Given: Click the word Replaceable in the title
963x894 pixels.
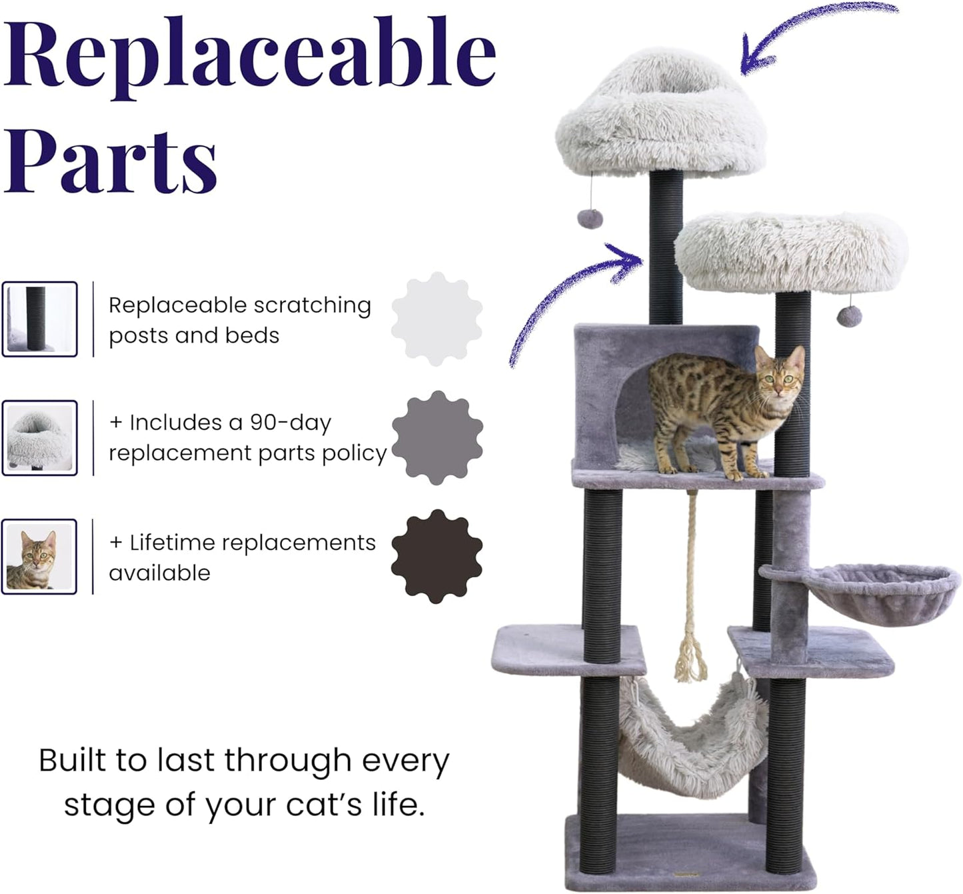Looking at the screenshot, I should (x=249, y=57).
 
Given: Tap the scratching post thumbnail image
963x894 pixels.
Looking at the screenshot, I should (x=39, y=319).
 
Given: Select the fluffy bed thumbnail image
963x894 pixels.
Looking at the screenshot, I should (x=39, y=438).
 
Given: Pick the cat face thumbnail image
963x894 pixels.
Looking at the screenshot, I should (x=39, y=557).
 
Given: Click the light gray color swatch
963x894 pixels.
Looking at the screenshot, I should (x=437, y=319).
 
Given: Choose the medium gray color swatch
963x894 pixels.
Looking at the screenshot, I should (x=437, y=438).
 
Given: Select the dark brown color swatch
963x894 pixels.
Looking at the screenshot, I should (x=437, y=557).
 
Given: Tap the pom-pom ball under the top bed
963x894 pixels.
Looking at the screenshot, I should (x=590, y=218).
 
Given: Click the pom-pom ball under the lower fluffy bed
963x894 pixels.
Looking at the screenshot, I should (x=849, y=316).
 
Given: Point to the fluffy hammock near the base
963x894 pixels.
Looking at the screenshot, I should (x=693, y=740).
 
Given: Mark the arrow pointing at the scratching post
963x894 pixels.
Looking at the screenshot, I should (x=573, y=293).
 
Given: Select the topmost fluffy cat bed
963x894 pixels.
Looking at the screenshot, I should (x=660, y=117).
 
